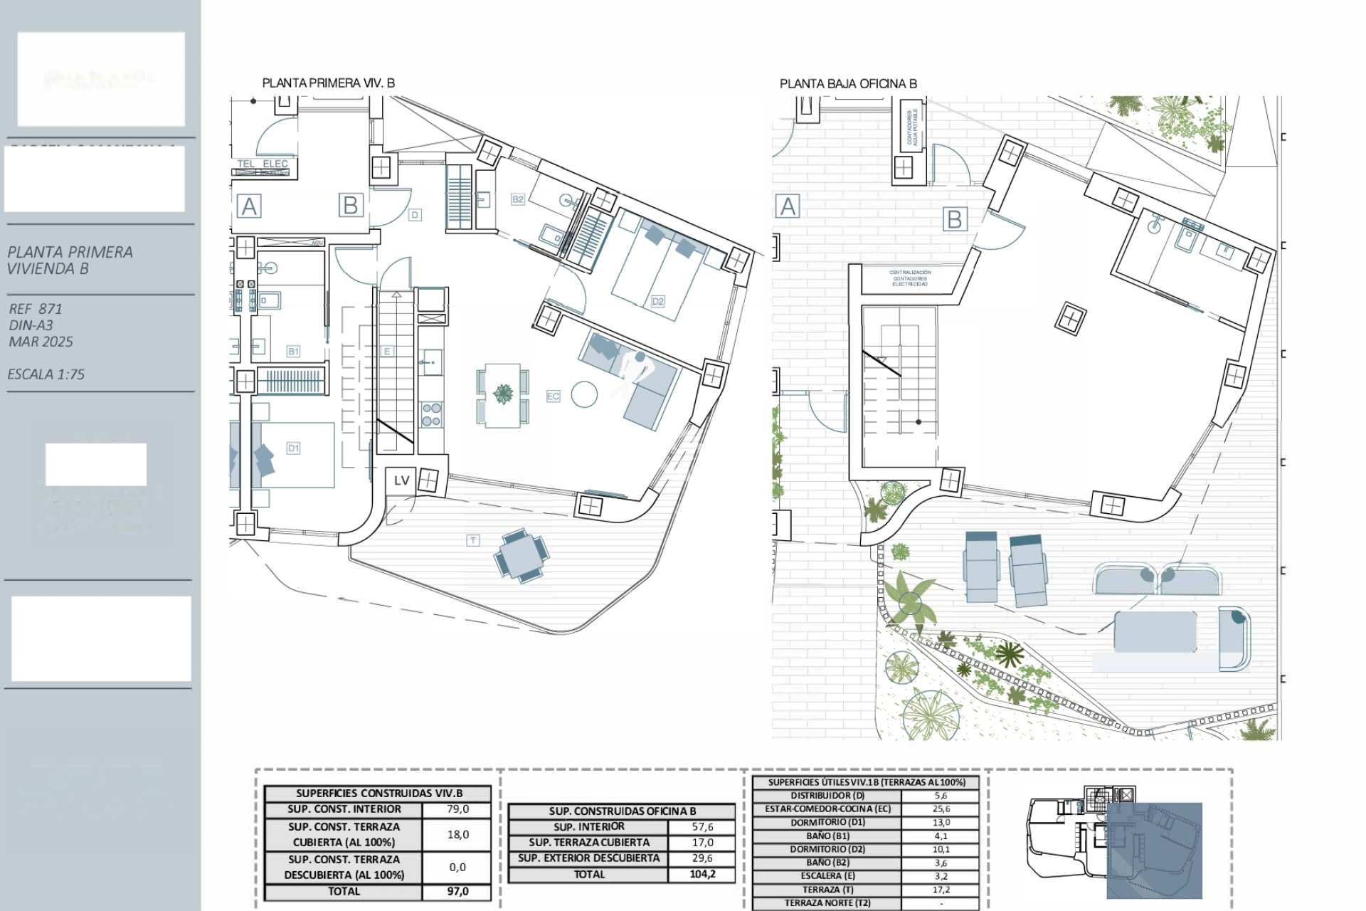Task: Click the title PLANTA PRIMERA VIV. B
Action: click(x=328, y=83)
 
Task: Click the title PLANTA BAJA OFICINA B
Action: click(x=848, y=84)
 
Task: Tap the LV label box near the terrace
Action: click(x=401, y=480)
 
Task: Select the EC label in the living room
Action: click(x=553, y=396)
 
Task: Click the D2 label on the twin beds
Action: click(x=657, y=301)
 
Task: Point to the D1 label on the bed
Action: click(x=293, y=448)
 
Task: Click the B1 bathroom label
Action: click(x=293, y=351)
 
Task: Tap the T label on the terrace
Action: click(x=473, y=540)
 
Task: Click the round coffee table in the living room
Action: click(x=584, y=394)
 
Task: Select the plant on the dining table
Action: click(x=503, y=393)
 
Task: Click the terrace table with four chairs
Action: click(x=522, y=555)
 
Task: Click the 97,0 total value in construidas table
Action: click(x=457, y=891)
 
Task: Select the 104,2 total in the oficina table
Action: click(x=702, y=874)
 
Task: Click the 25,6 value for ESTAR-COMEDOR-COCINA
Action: click(x=941, y=809)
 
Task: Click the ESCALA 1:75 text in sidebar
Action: click(x=46, y=374)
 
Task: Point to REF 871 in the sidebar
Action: click(x=36, y=309)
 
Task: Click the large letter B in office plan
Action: click(x=954, y=219)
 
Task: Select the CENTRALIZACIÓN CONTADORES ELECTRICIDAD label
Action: click(x=910, y=278)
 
